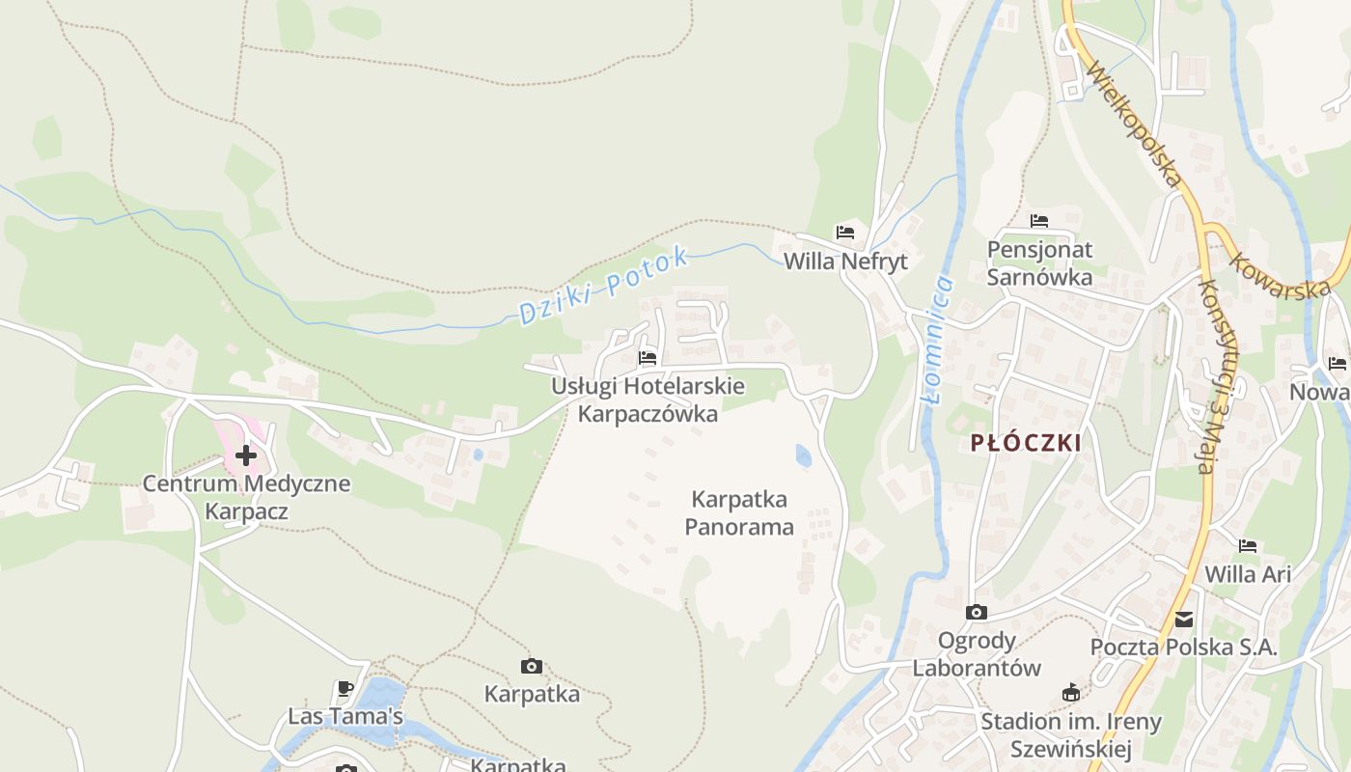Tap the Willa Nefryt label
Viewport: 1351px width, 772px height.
845,262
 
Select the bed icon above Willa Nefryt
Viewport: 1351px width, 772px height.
845,233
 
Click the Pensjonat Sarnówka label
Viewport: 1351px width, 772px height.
1039,263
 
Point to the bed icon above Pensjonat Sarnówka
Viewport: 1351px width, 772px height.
1039,221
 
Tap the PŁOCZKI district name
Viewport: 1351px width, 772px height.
1026,443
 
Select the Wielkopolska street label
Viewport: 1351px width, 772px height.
1135,124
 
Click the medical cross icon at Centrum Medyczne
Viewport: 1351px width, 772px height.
246,455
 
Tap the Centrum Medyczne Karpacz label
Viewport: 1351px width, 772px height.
246,497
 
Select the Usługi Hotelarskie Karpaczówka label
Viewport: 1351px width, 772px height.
648,400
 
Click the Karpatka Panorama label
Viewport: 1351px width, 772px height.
739,512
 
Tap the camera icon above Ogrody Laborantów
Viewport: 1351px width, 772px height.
977,612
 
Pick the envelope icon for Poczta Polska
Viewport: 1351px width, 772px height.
1184,619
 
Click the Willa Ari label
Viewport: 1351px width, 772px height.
1248,574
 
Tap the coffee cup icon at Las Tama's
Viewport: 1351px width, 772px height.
345,688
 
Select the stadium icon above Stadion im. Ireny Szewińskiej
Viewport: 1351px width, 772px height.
1070,692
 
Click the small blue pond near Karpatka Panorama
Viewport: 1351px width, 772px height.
804,455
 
